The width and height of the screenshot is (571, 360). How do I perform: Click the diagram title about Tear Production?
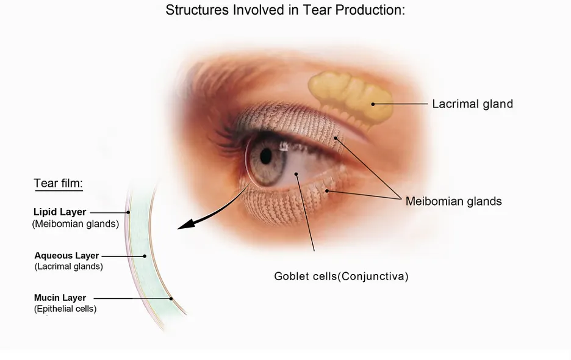[285, 10]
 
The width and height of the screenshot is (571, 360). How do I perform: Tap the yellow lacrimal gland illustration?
[350, 98]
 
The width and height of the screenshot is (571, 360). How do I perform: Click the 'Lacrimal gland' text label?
[472, 104]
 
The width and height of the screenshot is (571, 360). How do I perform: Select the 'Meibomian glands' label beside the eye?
[453, 201]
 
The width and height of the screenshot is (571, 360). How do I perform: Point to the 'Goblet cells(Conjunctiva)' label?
[341, 276]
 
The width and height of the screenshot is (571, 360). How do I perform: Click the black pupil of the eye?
[266, 156]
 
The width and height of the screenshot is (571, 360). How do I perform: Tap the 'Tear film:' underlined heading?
[59, 183]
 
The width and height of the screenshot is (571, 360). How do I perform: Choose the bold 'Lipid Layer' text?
[60, 212]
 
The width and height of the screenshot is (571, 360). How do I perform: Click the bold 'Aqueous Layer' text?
[66, 256]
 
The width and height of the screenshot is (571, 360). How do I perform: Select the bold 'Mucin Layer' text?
[60, 298]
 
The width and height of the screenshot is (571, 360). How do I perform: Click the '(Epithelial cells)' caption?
[65, 309]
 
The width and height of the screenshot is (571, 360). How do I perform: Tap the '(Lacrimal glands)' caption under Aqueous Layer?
[69, 267]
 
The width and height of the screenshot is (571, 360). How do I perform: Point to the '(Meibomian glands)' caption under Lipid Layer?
[76, 224]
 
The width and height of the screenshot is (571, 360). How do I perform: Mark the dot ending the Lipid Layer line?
[128, 212]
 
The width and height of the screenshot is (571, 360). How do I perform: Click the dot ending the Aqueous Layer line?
[145, 256]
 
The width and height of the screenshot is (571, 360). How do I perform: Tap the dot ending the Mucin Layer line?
[171, 299]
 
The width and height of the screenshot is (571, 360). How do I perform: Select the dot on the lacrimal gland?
[373, 104]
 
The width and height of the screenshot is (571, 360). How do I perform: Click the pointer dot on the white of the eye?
[296, 174]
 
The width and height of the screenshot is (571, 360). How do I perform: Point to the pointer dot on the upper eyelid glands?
[336, 138]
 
